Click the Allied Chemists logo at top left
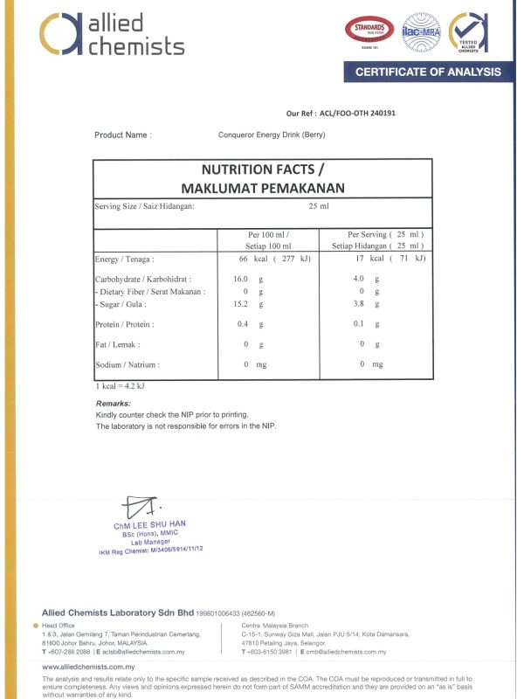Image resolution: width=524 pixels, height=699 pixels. click(x=112, y=34)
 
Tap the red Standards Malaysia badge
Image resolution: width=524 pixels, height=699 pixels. click(x=370, y=32)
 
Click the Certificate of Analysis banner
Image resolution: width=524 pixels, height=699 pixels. click(x=428, y=72)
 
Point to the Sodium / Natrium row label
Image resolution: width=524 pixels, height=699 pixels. click(x=127, y=364)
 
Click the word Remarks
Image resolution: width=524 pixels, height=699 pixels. click(x=113, y=403)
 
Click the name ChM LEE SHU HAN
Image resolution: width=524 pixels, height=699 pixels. click(x=149, y=525)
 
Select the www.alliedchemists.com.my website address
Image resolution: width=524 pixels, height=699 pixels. click(x=95, y=667)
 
